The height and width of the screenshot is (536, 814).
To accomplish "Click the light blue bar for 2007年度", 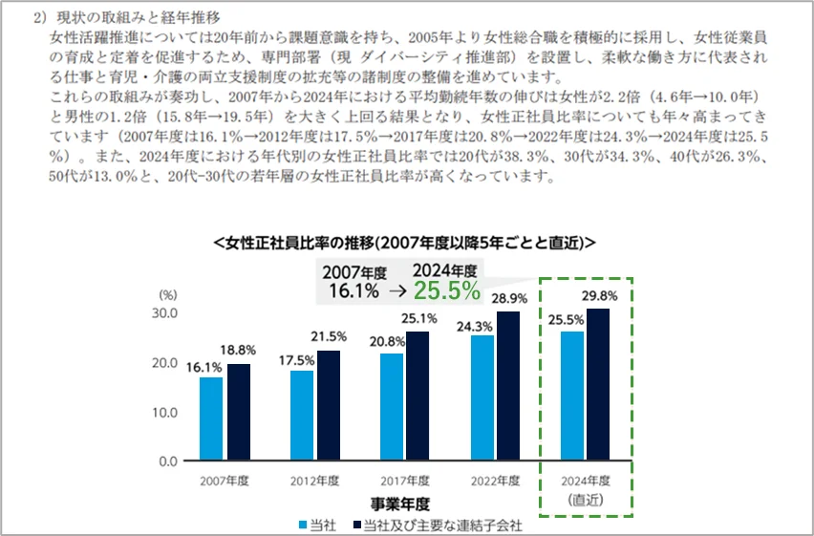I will coord(211,418).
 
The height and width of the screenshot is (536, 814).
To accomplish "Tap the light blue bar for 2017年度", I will coord(392,407).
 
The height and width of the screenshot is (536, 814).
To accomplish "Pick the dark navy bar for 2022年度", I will coord(509,386).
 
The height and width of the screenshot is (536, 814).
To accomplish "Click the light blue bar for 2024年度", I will coord(572,396).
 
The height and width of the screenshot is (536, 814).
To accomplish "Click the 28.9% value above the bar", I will coord(509,299).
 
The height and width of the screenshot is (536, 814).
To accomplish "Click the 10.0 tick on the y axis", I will coord(164,412).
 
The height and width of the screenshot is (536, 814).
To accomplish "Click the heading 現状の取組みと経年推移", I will coord(135,16).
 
